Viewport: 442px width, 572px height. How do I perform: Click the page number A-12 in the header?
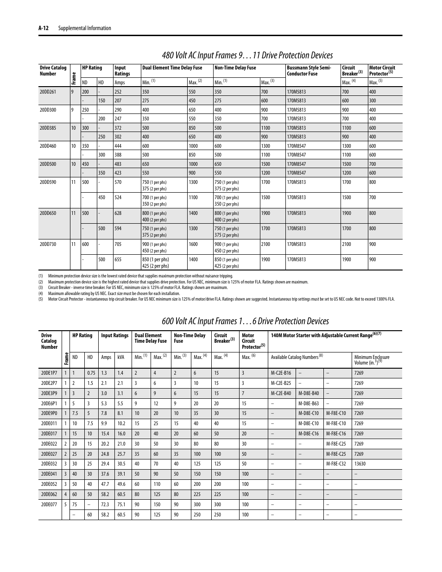44,28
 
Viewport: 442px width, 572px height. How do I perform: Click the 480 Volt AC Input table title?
247,56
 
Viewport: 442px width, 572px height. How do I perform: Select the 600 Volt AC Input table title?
246,321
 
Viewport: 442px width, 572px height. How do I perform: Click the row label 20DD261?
48,92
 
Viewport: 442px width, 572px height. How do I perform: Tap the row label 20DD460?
48,146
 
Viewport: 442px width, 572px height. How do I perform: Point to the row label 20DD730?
48,244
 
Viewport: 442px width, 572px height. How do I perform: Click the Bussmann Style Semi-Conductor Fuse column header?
309,70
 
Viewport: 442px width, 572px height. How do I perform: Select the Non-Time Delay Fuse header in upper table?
235,68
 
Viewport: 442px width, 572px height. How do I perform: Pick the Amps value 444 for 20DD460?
118,146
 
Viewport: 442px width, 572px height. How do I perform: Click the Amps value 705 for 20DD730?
118,244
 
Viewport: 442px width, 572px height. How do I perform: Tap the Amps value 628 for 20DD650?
118,213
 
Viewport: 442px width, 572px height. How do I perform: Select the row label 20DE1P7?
49,373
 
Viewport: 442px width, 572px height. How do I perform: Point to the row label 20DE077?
49,504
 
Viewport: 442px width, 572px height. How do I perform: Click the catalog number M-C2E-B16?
281,373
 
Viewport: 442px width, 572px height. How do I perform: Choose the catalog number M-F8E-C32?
336,464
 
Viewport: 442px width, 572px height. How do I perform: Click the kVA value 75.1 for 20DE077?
121,504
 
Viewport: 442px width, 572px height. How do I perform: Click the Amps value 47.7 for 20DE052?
105,484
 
